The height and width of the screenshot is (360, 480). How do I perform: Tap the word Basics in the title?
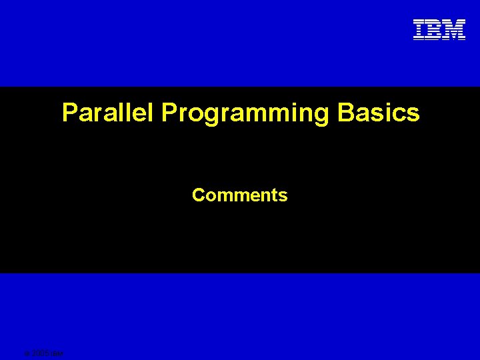379,113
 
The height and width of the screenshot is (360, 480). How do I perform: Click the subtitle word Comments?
239,195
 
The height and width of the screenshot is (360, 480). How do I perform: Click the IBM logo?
439,30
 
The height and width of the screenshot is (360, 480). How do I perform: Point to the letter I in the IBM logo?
419,30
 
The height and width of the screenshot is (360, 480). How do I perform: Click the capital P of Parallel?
70,113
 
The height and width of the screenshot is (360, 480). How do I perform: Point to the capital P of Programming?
169,113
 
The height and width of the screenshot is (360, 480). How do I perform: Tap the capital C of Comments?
199,195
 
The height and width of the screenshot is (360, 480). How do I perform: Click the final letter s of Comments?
283,196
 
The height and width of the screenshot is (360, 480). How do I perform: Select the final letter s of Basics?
413,114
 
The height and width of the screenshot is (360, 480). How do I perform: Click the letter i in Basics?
389,113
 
